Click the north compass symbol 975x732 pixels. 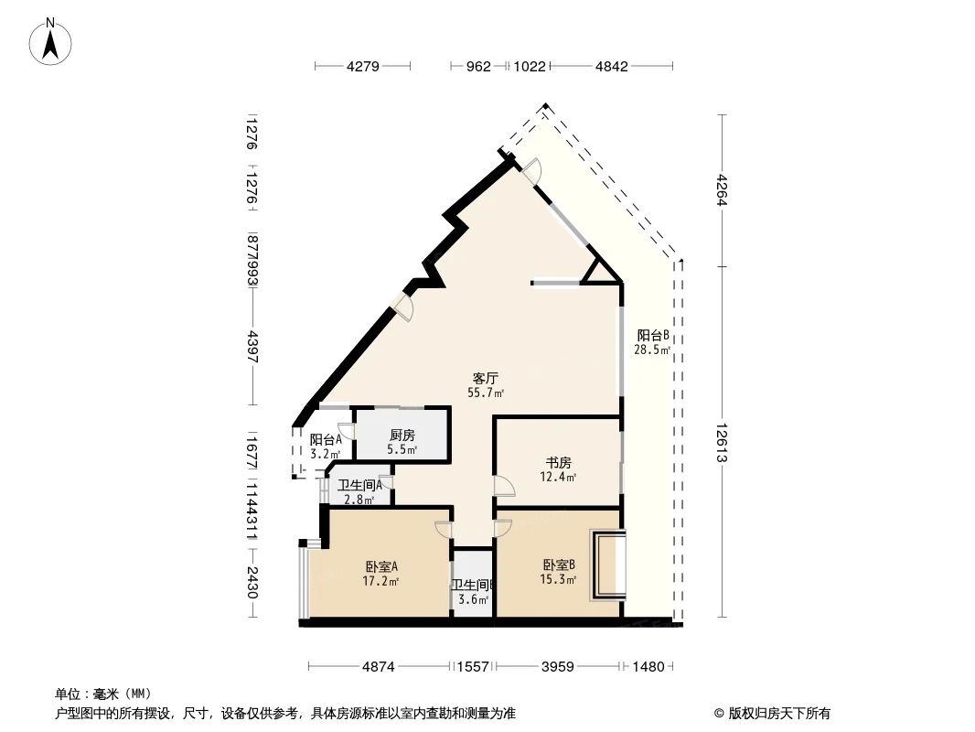(x=53, y=41)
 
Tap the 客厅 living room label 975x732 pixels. (x=486, y=377)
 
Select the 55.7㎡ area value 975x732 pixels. (x=486, y=393)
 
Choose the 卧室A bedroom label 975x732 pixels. (x=380, y=565)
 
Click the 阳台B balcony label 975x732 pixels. (x=653, y=335)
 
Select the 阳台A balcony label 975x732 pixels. (x=326, y=439)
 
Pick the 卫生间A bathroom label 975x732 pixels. (x=359, y=485)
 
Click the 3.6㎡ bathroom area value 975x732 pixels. (x=473, y=600)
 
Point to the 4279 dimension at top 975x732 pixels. (x=363, y=67)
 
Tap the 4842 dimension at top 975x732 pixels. (x=611, y=67)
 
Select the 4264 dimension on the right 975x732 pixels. (x=722, y=190)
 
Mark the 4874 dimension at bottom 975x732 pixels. (x=378, y=667)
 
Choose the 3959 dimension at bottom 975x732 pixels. (x=557, y=667)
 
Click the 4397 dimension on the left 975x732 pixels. (x=252, y=348)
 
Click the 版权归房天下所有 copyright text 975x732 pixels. (x=772, y=714)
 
